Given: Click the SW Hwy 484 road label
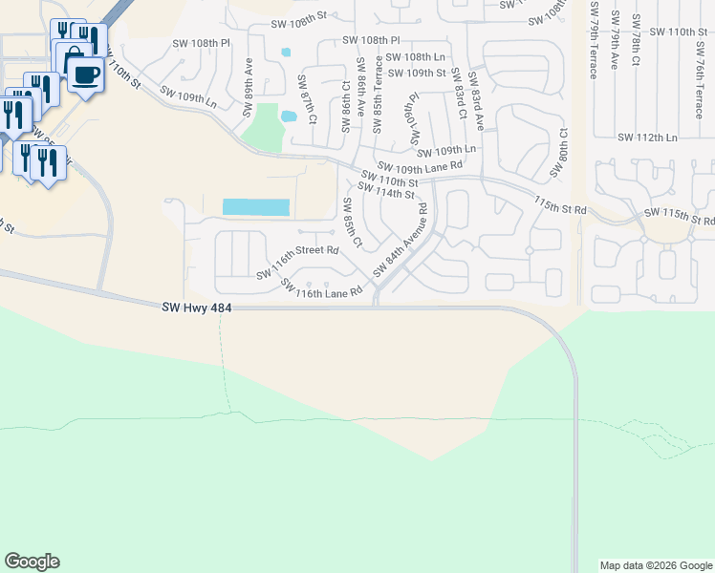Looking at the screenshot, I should [x=196, y=307].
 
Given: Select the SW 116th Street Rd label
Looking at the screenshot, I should [x=297, y=262].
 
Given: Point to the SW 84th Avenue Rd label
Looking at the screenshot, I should [x=401, y=251].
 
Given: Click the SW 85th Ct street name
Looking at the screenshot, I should [x=351, y=223].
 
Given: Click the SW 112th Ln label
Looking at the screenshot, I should [x=647, y=138].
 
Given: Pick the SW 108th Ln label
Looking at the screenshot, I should [x=420, y=57].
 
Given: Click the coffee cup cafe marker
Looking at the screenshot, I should [x=85, y=74].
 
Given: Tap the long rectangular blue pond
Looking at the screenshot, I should [x=256, y=207].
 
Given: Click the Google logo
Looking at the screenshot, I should [x=32, y=562].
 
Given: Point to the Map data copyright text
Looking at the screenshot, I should [x=654, y=565].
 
